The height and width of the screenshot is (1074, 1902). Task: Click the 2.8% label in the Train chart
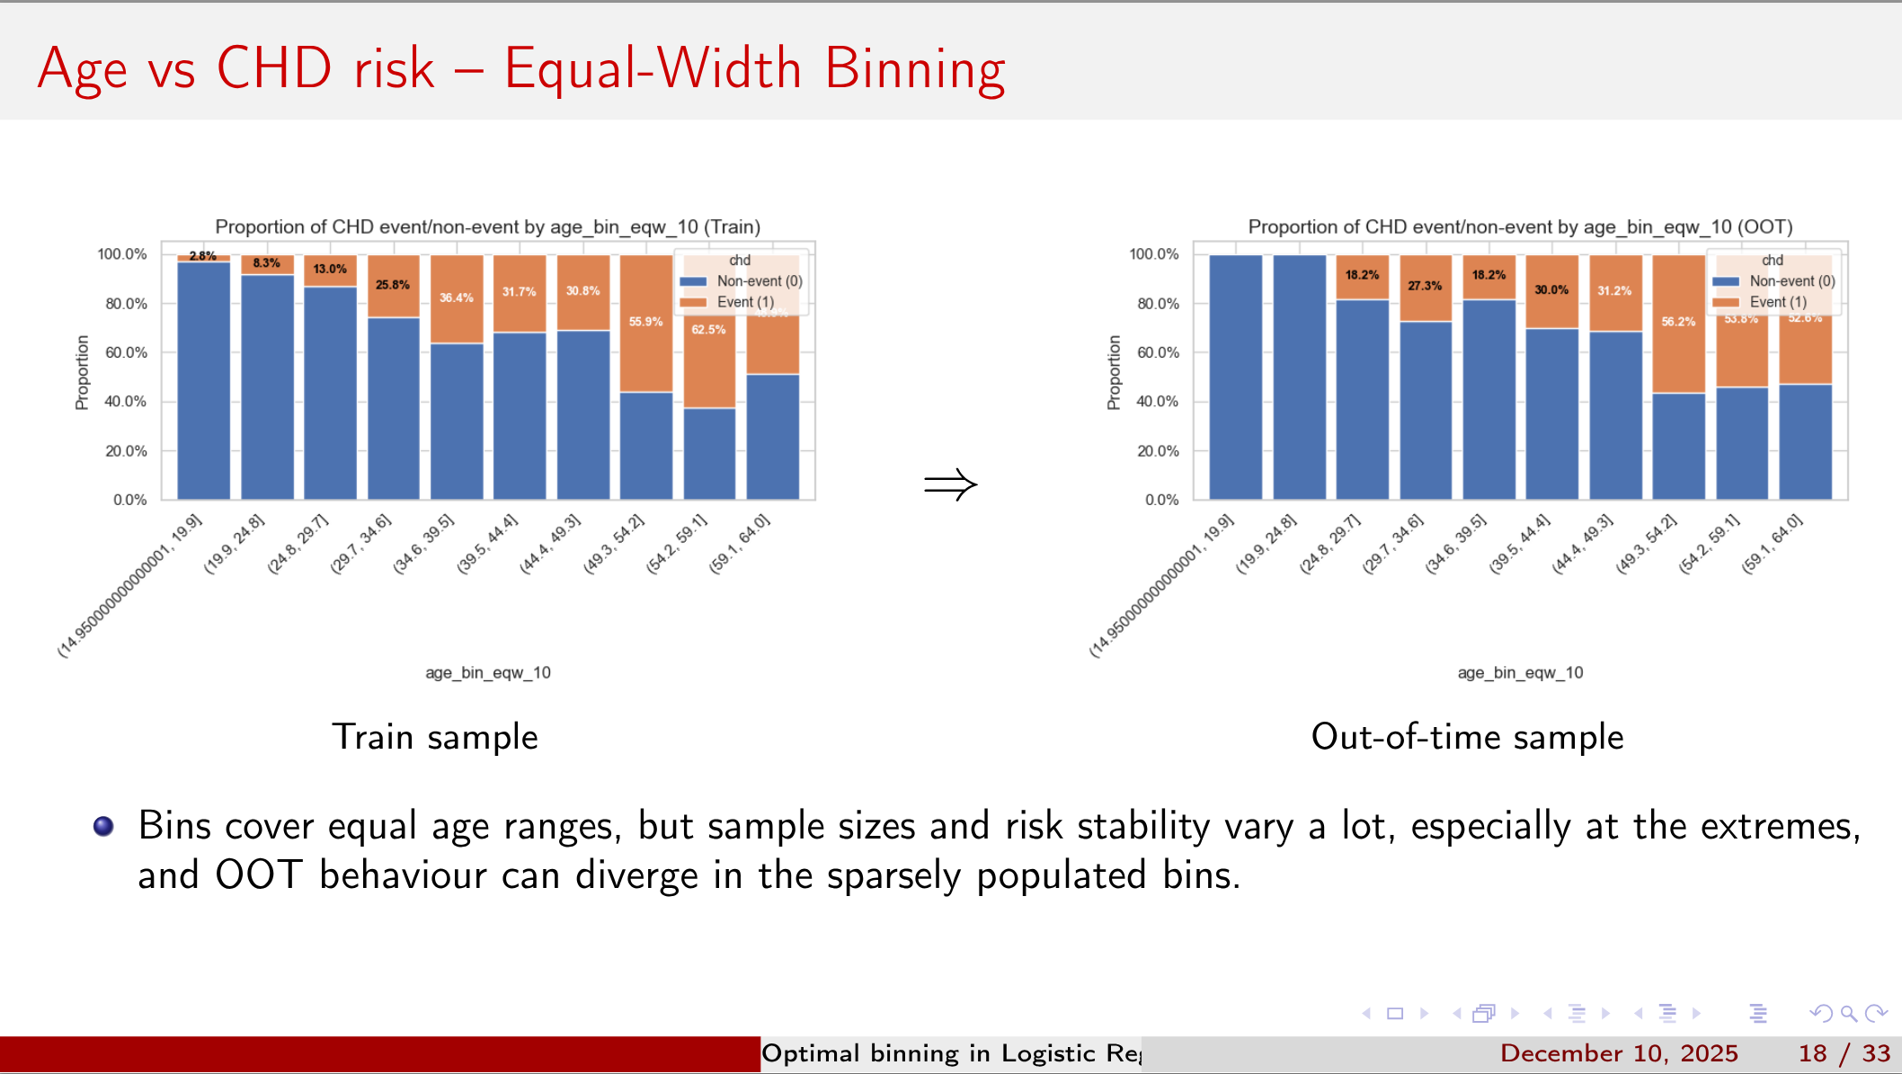[x=202, y=256]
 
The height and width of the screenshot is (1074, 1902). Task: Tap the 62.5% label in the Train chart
[x=708, y=330]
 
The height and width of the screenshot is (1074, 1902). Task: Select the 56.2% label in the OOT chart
[x=1678, y=322]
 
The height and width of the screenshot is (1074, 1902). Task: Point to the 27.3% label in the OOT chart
[x=1425, y=286]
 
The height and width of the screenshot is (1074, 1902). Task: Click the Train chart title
[x=487, y=226]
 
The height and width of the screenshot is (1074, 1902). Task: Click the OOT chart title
[x=1520, y=226]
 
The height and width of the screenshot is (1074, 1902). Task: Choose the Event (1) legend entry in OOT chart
[x=1776, y=302]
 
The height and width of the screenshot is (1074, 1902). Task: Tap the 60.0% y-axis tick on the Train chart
[x=126, y=352]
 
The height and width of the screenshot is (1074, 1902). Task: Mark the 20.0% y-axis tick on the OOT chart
[x=1158, y=451]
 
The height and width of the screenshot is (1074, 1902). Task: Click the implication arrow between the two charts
[x=950, y=485]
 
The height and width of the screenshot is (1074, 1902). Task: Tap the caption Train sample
[x=435, y=737]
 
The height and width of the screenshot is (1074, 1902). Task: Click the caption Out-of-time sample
[x=1467, y=737]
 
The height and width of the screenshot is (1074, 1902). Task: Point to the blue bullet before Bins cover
[x=103, y=826]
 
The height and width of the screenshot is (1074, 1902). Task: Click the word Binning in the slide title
[x=914, y=69]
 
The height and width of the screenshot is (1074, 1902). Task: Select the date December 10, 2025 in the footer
[x=1619, y=1053]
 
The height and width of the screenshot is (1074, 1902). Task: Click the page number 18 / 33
[x=1844, y=1053]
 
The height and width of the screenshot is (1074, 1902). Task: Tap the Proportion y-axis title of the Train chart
[x=83, y=372]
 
